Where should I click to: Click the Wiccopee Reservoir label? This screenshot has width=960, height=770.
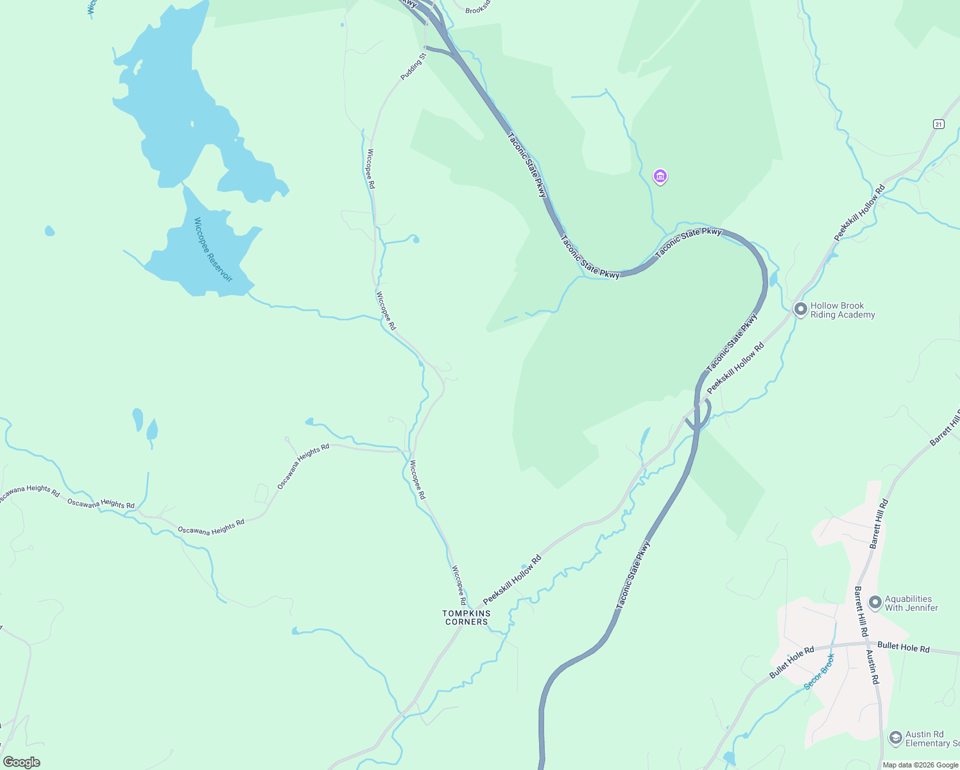point(212,250)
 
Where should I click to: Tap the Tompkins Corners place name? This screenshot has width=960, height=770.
point(467,617)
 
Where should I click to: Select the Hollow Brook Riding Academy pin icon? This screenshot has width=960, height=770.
point(800,309)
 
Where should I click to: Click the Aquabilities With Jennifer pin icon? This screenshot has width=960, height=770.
point(875,603)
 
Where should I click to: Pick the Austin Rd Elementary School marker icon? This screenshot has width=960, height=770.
point(895,738)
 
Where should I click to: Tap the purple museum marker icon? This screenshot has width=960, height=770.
point(660,176)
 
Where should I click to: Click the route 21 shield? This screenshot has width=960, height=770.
point(938,124)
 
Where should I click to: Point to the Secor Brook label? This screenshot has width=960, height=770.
point(819,672)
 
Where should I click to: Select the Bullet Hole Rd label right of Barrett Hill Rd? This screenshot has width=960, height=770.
point(903,647)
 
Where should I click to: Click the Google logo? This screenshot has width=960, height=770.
point(21,762)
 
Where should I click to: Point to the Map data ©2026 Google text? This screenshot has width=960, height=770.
point(920,765)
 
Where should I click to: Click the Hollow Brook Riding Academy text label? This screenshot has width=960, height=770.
point(842,310)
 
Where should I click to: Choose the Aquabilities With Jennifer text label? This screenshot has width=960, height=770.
point(911,603)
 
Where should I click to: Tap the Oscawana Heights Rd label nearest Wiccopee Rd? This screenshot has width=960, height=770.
point(303,466)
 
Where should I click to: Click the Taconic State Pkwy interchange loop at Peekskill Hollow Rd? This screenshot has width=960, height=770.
point(701,415)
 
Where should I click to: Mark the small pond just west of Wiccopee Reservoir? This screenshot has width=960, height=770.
point(49,230)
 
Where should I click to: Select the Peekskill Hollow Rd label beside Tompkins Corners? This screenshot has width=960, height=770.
point(511,579)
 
